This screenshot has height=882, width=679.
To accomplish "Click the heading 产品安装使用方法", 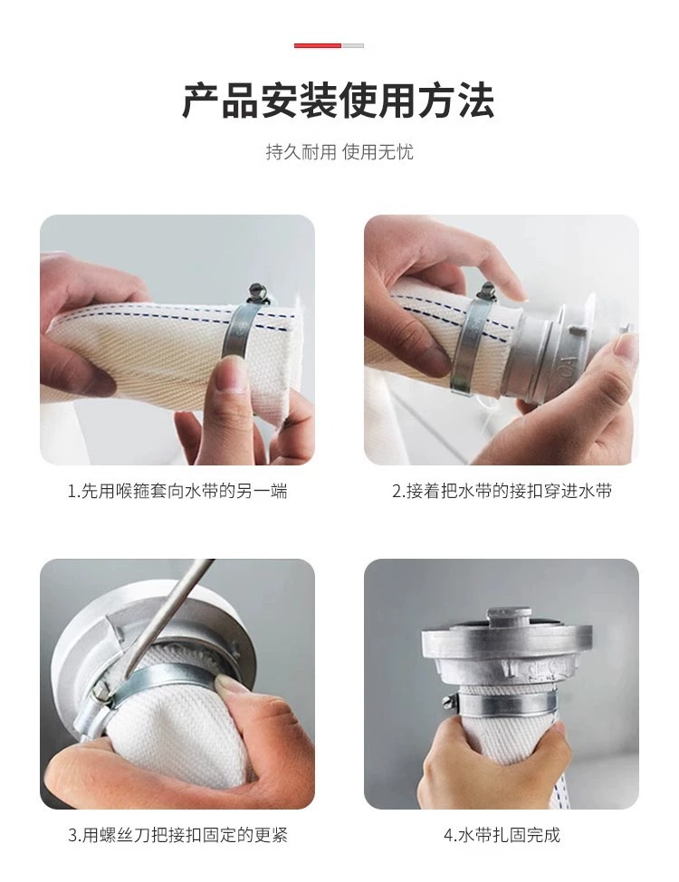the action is click(x=339, y=101).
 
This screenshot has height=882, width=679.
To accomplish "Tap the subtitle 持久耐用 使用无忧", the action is click(x=339, y=152).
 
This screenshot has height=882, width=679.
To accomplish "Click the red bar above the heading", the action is click(x=317, y=45).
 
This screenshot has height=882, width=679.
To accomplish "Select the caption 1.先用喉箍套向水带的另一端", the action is click(x=177, y=491).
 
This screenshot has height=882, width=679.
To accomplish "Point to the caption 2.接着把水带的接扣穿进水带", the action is click(x=502, y=491).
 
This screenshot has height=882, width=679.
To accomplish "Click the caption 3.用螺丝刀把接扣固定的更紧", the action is click(x=177, y=835).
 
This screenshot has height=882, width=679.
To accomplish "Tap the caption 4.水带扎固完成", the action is click(x=502, y=835).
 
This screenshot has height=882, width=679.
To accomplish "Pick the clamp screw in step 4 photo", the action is click(x=448, y=700).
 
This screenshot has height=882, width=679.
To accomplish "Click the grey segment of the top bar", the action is click(x=353, y=45).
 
